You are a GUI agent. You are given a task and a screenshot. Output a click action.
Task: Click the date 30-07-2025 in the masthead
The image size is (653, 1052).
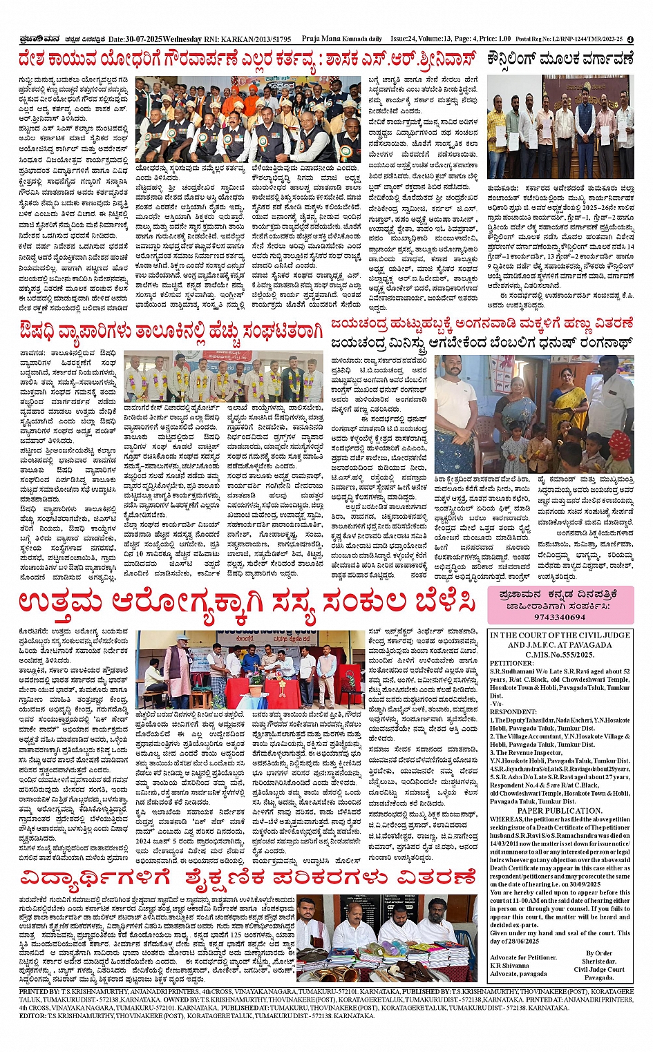[x=146, y=39]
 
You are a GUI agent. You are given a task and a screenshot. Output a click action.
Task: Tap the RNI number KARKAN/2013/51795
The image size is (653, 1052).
[x=256, y=39]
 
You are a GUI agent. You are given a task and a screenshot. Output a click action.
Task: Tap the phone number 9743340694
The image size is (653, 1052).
[x=560, y=617]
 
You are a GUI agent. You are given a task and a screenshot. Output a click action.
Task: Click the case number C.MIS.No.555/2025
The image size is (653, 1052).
[x=560, y=654]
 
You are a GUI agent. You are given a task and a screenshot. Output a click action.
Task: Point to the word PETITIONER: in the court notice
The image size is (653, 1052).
[x=512, y=663]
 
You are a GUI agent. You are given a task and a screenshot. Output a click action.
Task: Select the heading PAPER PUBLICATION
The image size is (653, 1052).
[x=560, y=811]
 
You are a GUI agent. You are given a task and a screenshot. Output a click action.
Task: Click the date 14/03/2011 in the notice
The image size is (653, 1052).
[x=507, y=844]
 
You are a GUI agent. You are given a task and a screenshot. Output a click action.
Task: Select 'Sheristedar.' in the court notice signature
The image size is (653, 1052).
[x=598, y=961]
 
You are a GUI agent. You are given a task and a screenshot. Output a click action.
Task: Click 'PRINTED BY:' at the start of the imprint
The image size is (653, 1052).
[x=39, y=992]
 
